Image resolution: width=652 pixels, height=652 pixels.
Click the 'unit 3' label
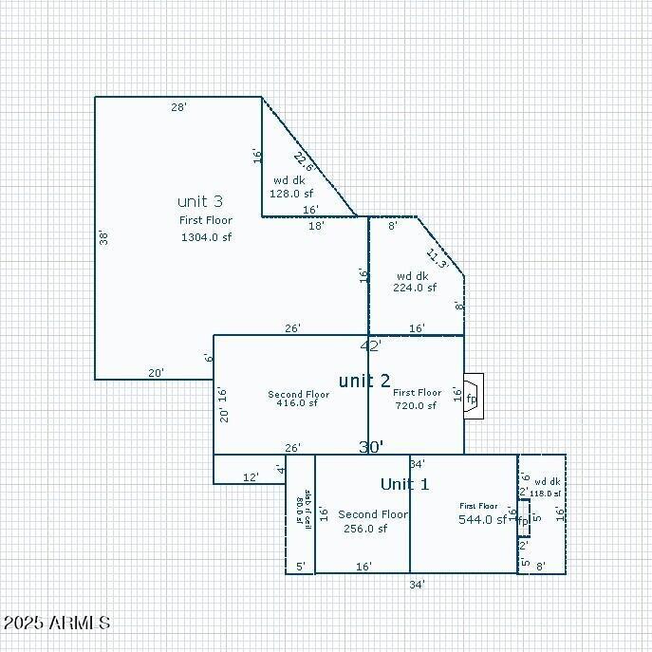(x=200, y=201)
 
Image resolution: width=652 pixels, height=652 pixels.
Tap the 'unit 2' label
(x=364, y=381)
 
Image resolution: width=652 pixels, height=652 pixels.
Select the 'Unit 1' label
(x=404, y=484)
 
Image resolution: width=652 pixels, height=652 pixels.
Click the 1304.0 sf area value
(x=206, y=237)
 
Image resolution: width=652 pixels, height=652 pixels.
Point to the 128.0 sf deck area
(x=291, y=193)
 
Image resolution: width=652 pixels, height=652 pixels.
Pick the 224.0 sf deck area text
(x=415, y=288)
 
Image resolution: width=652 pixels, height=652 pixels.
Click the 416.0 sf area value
(x=298, y=402)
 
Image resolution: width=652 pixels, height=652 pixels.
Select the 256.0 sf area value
(x=365, y=529)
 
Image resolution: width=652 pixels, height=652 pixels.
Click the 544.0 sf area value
(x=482, y=519)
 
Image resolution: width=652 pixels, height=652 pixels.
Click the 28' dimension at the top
(x=178, y=107)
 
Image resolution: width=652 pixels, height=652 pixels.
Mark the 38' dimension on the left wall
(x=103, y=237)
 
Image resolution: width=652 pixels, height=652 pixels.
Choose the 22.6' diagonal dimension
(x=304, y=161)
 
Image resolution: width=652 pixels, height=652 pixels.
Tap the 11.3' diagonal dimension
(x=437, y=258)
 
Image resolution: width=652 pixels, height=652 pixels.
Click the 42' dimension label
(x=370, y=345)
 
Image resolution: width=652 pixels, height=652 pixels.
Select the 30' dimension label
(x=370, y=446)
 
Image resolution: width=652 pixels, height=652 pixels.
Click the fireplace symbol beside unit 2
(x=473, y=397)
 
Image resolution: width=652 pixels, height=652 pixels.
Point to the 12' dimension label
(x=251, y=477)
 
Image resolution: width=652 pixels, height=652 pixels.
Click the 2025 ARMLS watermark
(x=56, y=623)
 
